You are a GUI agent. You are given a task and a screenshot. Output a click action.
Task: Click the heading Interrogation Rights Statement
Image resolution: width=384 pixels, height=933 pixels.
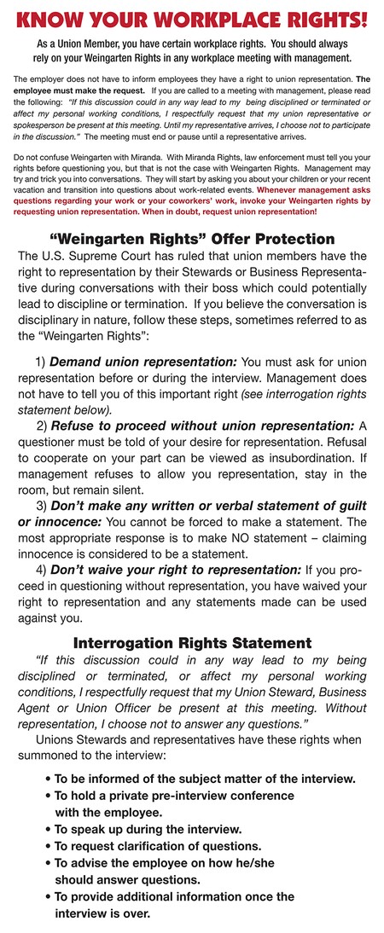[192, 642]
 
